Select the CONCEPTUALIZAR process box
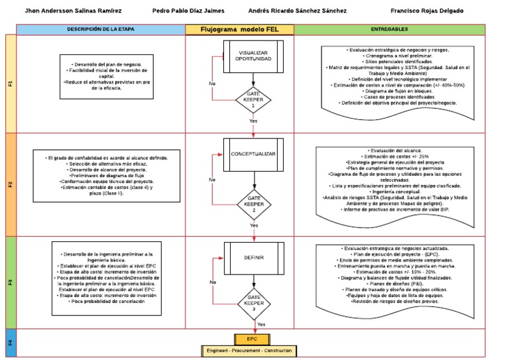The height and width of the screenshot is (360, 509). pyautogui.click(x=253, y=154)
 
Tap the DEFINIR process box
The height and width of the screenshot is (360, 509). pyautogui.click(x=253, y=258)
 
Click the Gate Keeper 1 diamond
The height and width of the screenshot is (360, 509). pyautogui.click(x=254, y=99)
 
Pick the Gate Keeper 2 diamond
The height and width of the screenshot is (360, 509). pyautogui.click(x=254, y=201)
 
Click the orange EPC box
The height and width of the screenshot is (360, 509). pyautogui.click(x=252, y=338)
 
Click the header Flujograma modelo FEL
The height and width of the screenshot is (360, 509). pyautogui.click(x=239, y=30)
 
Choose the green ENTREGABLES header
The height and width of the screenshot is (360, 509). pyautogui.click(x=390, y=30)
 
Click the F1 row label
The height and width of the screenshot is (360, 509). pyautogui.click(x=10, y=84)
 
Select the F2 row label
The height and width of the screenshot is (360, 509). pyautogui.click(x=10, y=184)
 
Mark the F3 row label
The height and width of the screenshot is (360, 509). pyautogui.click(x=10, y=282)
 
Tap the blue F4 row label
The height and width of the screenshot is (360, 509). pyautogui.click(x=10, y=343)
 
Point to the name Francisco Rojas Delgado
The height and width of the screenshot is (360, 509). pyautogui.click(x=435, y=11)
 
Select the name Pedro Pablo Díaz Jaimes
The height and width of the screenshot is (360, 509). pyautogui.click(x=188, y=11)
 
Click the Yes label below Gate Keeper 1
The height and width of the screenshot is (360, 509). pyautogui.click(x=253, y=122)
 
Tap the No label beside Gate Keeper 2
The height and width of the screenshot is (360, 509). pyautogui.click(x=211, y=180)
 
